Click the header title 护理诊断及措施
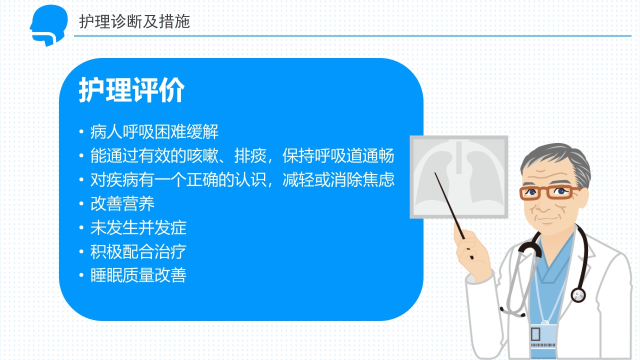point(134,21)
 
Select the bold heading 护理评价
point(131,90)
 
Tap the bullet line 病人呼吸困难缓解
point(154,132)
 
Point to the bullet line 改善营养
point(122,203)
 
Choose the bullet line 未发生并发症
point(138,227)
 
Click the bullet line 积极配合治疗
point(138,251)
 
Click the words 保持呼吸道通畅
point(338,156)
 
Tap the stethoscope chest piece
point(578,295)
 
